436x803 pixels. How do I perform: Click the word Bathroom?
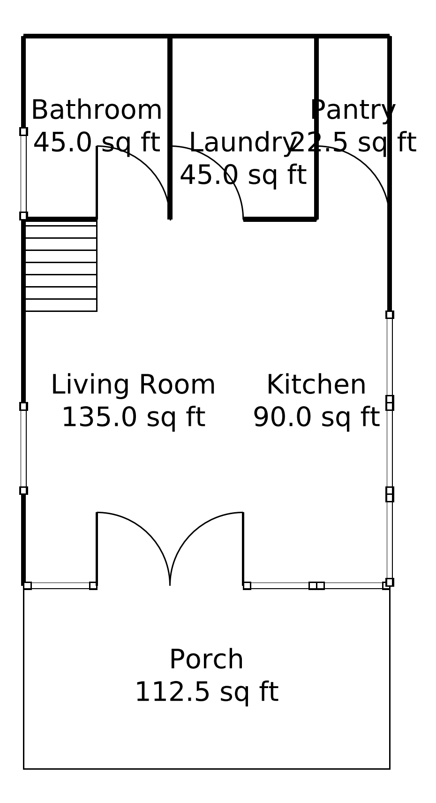tap(97, 110)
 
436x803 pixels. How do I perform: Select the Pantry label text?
tap(353, 110)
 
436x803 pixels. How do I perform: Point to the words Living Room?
tap(133, 385)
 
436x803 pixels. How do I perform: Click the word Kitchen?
tap(316, 385)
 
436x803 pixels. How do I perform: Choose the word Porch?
tap(207, 659)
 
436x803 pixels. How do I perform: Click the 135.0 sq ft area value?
tap(133, 417)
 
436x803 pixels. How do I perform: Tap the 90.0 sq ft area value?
tap(316, 417)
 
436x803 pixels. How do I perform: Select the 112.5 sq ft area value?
tap(207, 692)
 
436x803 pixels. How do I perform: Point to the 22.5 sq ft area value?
tap(353, 143)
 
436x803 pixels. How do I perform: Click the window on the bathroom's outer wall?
tap(23, 174)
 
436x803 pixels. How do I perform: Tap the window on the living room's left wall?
tap(23, 448)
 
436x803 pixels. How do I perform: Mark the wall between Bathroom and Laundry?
tap(170, 128)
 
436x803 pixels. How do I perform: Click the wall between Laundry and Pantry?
tap(316, 128)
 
